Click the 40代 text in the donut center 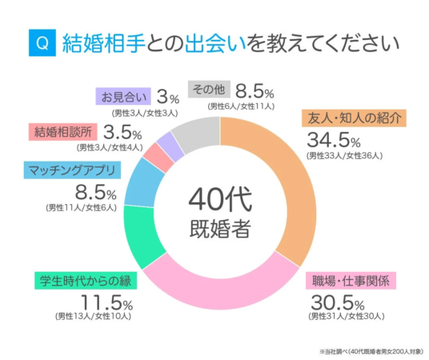click(221, 196)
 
